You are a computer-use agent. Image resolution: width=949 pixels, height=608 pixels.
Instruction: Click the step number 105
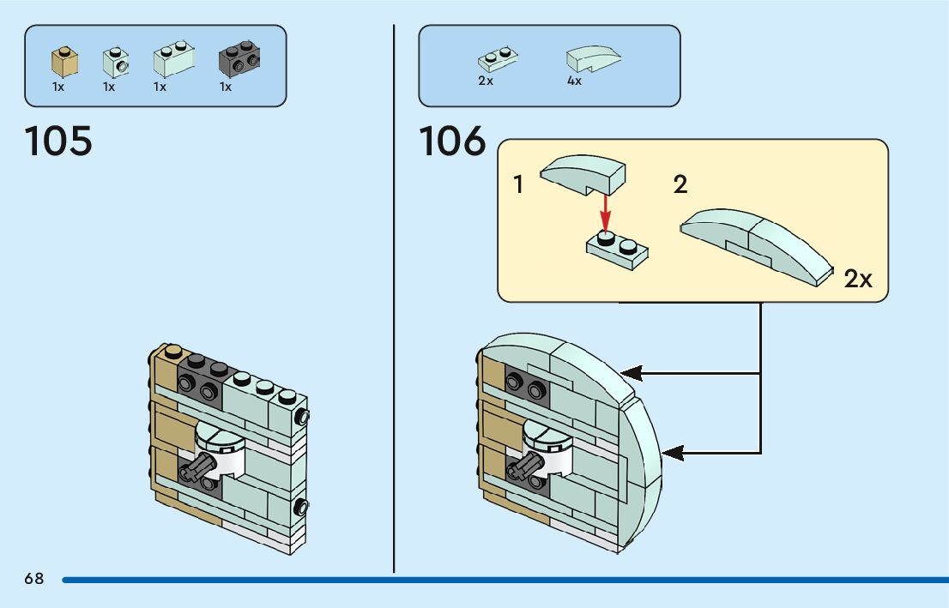[x=58, y=141]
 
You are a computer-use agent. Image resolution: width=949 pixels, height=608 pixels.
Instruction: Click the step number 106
[x=452, y=141]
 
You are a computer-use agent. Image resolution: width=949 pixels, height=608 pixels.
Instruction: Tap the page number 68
[x=33, y=579]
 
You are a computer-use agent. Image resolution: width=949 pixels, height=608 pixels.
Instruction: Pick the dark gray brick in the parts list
[x=239, y=58]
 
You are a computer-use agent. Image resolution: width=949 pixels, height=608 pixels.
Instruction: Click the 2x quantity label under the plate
[x=486, y=81]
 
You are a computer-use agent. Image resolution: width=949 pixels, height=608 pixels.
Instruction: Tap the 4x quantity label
[x=574, y=81]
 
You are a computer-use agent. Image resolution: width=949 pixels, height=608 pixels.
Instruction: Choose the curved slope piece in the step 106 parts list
[x=592, y=58]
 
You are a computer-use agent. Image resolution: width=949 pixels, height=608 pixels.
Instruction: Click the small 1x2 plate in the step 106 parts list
[x=497, y=60]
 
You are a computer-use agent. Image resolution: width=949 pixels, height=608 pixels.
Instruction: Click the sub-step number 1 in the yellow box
[x=518, y=184]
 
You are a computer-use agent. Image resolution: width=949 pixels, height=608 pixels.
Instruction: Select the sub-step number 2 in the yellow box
[x=680, y=184]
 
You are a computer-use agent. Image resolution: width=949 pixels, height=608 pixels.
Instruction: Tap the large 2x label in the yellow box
[x=857, y=279]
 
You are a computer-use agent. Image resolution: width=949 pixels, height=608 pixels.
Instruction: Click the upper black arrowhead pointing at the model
[x=632, y=373]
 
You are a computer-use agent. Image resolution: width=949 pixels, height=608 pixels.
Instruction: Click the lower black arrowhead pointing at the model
[x=673, y=452]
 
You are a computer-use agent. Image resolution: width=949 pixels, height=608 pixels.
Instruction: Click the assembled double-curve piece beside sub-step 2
[x=755, y=244]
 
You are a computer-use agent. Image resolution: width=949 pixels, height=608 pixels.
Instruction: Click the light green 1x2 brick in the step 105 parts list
[x=172, y=60]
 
